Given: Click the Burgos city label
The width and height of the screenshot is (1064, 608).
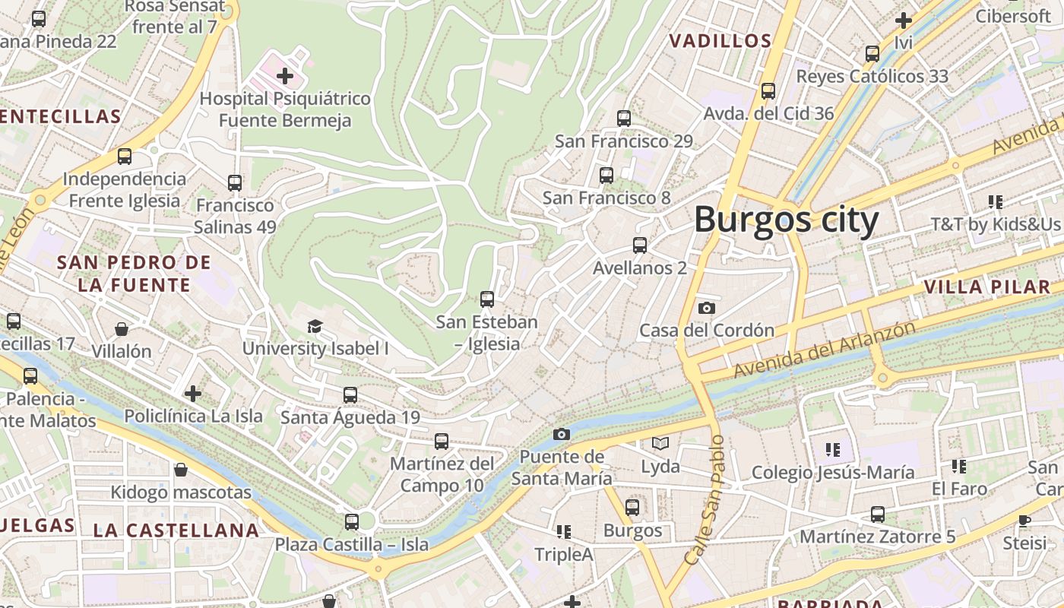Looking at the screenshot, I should pos(786,220).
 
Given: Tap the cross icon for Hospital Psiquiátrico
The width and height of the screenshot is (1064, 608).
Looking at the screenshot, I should pos(285,76).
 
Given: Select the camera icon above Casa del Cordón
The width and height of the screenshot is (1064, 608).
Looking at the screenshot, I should pos(706,308).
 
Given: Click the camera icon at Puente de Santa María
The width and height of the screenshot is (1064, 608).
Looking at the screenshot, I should pos(562,434).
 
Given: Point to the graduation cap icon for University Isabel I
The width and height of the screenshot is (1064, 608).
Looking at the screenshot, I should pos(315,326).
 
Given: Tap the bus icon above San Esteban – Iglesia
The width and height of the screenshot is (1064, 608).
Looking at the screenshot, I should pos(487,299).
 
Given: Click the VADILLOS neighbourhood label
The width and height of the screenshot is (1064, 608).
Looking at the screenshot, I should pos(720,41).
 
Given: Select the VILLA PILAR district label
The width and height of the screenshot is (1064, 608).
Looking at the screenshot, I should pos(987,287).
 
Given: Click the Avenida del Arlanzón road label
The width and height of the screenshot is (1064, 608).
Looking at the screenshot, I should pos(824,350).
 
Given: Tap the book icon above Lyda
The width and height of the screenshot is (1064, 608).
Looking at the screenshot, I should pos(660,443).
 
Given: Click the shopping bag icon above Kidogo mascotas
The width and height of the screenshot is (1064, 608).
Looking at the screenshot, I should pos(181,470).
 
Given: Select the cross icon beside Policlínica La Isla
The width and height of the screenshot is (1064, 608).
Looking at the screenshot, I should pos(193,393).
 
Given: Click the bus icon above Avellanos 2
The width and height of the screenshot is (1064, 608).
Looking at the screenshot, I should pos(640,245).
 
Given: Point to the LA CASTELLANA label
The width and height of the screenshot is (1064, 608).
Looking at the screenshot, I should pos(176,530).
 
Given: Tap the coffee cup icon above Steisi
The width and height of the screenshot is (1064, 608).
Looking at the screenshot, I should pos(1024,521).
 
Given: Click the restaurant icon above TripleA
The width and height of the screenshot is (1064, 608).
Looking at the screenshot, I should pos(563,531).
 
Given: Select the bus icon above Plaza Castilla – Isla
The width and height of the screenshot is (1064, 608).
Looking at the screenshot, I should pos(351,522).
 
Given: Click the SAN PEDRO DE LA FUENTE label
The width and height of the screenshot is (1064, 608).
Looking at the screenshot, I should pos(135,274).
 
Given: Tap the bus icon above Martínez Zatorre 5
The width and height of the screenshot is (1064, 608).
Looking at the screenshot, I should pos(878,515).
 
